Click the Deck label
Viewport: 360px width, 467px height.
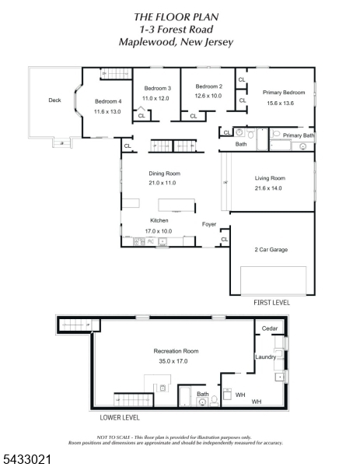(x=54, y=100)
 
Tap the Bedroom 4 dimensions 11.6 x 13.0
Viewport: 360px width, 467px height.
(x=107, y=111)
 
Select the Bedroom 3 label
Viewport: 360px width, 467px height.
(x=158, y=88)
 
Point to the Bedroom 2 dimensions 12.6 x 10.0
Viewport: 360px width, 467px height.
(x=208, y=96)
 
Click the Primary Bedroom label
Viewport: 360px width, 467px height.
(x=284, y=93)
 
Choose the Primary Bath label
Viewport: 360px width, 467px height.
(x=299, y=135)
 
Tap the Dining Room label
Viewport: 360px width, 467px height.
(x=165, y=174)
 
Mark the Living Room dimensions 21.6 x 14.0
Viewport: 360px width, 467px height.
(x=268, y=188)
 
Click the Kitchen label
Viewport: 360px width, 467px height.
(x=159, y=220)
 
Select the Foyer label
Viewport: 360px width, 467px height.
(x=209, y=224)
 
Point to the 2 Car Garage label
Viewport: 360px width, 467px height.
(x=271, y=250)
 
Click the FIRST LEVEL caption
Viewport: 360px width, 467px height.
(x=271, y=303)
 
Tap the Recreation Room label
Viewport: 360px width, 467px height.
(x=177, y=351)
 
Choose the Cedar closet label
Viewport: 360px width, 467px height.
(x=270, y=328)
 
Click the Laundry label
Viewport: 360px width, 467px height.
(x=266, y=356)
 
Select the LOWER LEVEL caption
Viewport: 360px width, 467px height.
(x=120, y=417)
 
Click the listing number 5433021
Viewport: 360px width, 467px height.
(x=27, y=459)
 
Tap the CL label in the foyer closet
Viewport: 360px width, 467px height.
(x=225, y=240)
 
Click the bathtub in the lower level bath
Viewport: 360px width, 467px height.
(x=185, y=396)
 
